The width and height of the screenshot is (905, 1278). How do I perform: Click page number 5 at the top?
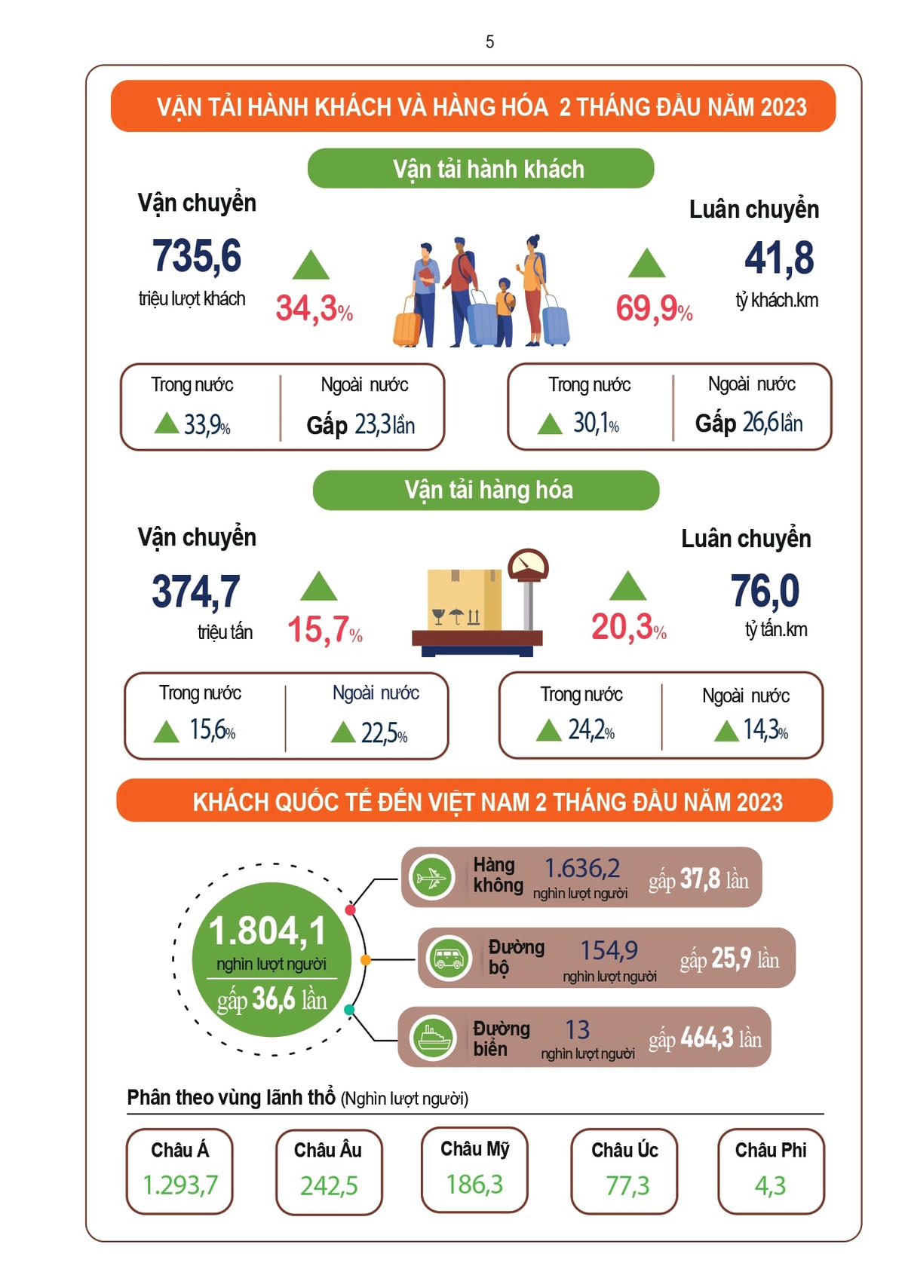[489, 42]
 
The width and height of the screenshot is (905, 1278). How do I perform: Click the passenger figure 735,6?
[197, 256]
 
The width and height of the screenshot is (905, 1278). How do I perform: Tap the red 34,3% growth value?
[314, 308]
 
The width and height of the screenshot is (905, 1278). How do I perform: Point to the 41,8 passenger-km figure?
[779, 258]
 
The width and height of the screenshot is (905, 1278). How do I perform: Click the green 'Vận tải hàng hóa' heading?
[486, 491]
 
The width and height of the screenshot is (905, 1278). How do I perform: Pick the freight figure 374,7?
[196, 591]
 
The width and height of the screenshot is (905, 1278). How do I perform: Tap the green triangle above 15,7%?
[318, 586]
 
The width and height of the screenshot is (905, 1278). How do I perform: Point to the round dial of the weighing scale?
[528, 565]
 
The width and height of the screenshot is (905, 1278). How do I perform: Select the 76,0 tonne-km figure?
[765, 590]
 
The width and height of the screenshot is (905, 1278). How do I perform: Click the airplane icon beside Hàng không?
[432, 878]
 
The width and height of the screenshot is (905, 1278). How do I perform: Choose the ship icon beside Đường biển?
[433, 1038]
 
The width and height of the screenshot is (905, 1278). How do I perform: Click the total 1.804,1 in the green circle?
[268, 931]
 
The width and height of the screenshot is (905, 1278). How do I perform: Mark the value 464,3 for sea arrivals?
[707, 1038]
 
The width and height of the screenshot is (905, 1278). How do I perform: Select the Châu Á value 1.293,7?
[180, 1185]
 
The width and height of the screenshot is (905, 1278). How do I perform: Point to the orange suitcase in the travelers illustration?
[407, 329]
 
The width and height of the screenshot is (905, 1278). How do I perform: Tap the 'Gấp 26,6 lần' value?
[749, 423]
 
